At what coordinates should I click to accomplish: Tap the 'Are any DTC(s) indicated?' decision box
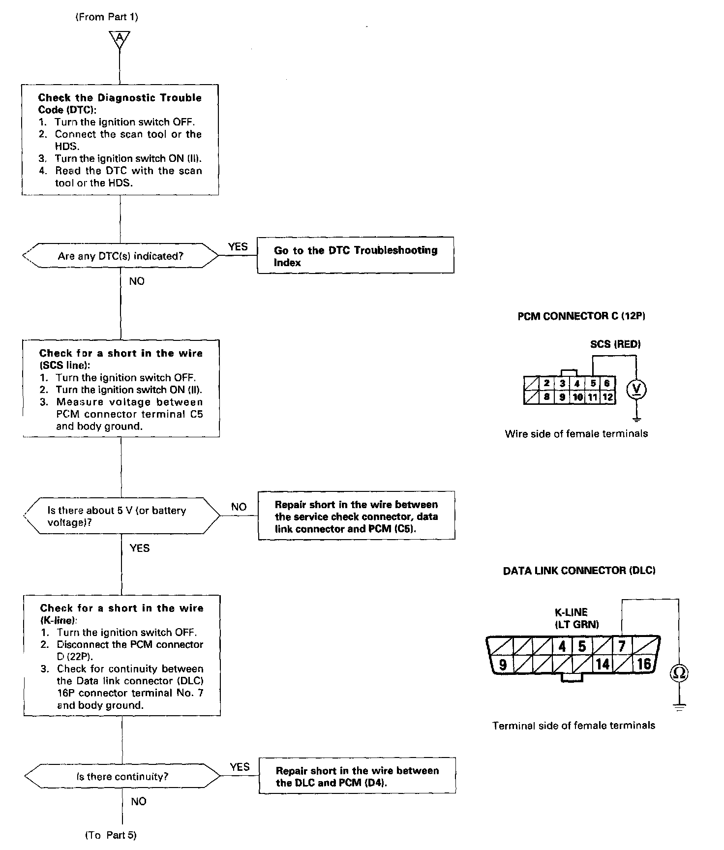[121, 256]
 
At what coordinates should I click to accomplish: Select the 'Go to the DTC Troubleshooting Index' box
[355, 256]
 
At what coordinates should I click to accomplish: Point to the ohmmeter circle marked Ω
[679, 673]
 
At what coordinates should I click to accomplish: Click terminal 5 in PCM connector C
[593, 383]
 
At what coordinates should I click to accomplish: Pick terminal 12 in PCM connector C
[608, 397]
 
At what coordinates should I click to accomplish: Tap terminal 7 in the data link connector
[622, 646]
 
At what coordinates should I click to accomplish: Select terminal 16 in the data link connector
[644, 664]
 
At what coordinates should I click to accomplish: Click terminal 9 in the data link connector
[503, 665]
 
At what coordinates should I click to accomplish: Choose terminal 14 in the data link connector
[603, 665]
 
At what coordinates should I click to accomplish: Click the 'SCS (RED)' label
[615, 344]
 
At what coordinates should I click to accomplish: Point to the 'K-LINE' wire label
[571, 612]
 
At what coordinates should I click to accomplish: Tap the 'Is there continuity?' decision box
[122, 777]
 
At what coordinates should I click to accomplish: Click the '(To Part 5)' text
[111, 835]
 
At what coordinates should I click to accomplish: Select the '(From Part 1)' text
[107, 17]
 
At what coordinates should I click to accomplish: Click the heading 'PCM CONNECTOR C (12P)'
[581, 316]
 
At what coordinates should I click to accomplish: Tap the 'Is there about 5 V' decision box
[122, 516]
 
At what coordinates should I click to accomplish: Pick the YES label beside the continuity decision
[240, 767]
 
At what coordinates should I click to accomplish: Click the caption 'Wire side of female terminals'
[576, 434]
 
